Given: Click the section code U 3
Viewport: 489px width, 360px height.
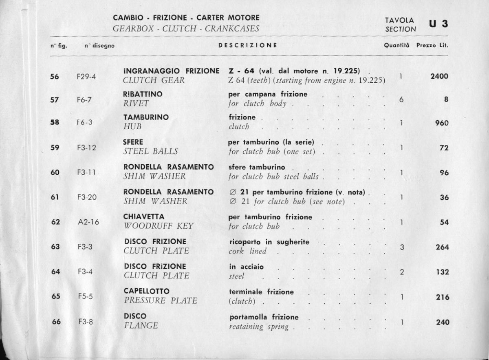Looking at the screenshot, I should [x=438, y=24].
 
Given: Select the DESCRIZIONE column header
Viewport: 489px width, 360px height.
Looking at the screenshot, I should [x=248, y=45].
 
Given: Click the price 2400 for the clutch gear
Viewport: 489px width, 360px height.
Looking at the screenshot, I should [x=439, y=76].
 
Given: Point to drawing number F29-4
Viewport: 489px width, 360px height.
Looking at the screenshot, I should [x=86, y=76].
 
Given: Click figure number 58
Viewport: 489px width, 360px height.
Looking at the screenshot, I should [x=55, y=122].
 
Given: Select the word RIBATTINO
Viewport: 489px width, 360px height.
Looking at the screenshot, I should [x=143, y=94].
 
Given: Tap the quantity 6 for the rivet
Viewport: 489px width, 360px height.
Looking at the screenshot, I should [x=401, y=99].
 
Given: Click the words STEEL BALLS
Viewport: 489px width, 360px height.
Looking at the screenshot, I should [x=150, y=151].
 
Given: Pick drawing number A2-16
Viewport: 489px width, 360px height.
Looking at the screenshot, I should [x=88, y=222].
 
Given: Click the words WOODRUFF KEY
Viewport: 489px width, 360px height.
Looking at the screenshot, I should [x=159, y=226].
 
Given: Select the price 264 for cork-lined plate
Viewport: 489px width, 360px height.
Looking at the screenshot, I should [x=442, y=247].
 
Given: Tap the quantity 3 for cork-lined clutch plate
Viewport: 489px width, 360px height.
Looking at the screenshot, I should [x=402, y=247].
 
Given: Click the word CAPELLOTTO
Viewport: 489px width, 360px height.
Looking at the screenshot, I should [x=146, y=292].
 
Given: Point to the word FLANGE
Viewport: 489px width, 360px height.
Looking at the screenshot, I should [x=140, y=326].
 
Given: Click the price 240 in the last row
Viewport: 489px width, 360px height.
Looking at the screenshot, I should [x=442, y=322].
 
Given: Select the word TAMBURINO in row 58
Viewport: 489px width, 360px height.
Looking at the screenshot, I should [x=145, y=117].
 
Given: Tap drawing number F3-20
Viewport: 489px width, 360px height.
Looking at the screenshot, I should [x=86, y=197].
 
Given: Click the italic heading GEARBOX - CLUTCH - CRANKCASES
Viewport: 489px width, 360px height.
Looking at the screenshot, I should [x=186, y=29].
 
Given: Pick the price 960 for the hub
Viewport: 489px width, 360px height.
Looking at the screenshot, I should [x=442, y=122].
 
